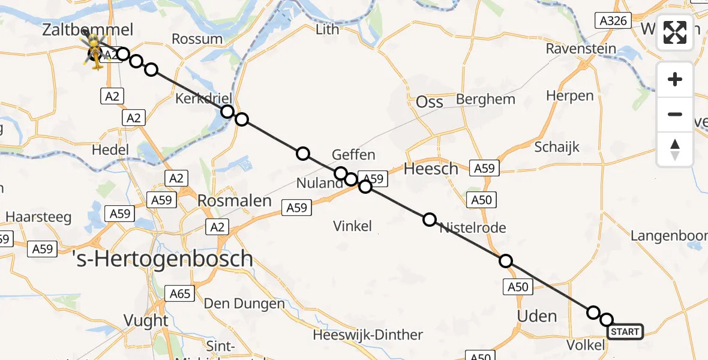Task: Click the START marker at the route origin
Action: (x=626, y=332)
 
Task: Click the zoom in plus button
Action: (x=675, y=79)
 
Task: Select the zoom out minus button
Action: (x=675, y=114)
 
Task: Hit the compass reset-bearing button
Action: (x=675, y=149)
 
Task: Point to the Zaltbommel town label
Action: (x=88, y=29)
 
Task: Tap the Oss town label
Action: (x=430, y=102)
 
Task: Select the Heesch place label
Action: (x=431, y=169)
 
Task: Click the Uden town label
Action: (x=537, y=316)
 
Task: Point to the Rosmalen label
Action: (x=236, y=200)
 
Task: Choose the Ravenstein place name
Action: (x=581, y=49)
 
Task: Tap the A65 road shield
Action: (x=180, y=293)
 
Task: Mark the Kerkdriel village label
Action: (x=203, y=98)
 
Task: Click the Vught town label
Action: (x=147, y=320)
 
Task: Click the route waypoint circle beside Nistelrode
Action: (x=430, y=220)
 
